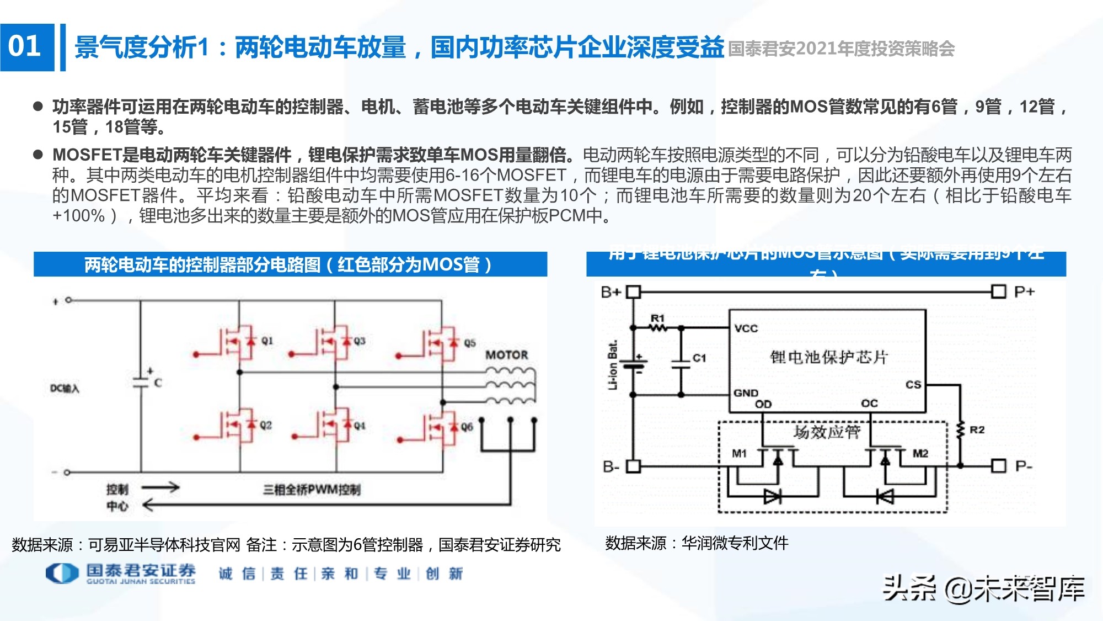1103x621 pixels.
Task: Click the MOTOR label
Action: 506,355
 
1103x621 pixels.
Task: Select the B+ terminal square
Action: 633,291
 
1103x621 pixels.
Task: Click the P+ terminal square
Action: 998,291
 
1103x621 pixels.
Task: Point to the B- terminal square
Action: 633,466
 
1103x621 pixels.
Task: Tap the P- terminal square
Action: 998,466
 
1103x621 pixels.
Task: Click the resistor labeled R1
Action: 657,327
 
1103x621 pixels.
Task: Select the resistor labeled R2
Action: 960,430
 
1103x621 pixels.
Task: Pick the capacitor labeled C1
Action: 682,362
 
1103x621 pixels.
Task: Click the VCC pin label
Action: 746,328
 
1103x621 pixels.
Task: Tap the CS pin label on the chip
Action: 913,384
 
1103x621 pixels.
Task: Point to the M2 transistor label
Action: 920,453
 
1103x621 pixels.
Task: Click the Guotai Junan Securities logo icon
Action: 62,573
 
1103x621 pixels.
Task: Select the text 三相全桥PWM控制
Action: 312,490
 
